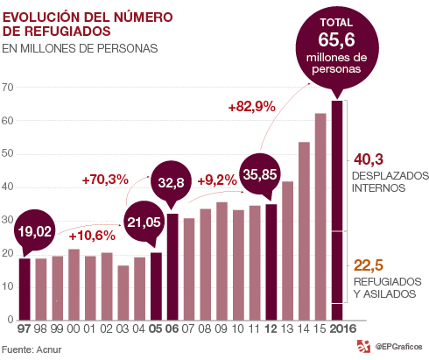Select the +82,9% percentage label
tap(251, 107)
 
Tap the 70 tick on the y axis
tap(8, 88)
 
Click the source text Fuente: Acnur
tap(32, 349)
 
